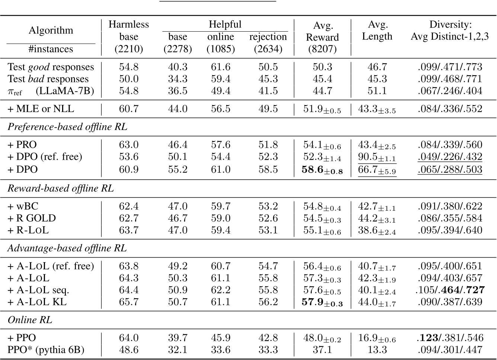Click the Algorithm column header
point(51,30)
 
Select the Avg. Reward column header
point(322,31)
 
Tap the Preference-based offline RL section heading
point(67,127)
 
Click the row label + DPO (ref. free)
point(45,157)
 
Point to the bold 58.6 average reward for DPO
point(322,170)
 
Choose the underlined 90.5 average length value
point(377,157)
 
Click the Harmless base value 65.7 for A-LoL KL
point(128,302)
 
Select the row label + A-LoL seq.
point(38,290)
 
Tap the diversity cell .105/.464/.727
point(450,290)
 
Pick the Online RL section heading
point(30,320)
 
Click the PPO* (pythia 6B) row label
point(46,350)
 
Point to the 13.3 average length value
point(377,350)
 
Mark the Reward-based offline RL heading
point(61,188)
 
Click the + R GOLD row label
point(32,218)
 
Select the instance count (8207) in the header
point(322,49)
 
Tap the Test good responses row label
point(51,67)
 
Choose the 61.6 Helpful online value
point(221,67)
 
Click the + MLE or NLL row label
point(41,109)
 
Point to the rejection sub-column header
point(268,37)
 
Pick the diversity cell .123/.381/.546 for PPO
point(450,338)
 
